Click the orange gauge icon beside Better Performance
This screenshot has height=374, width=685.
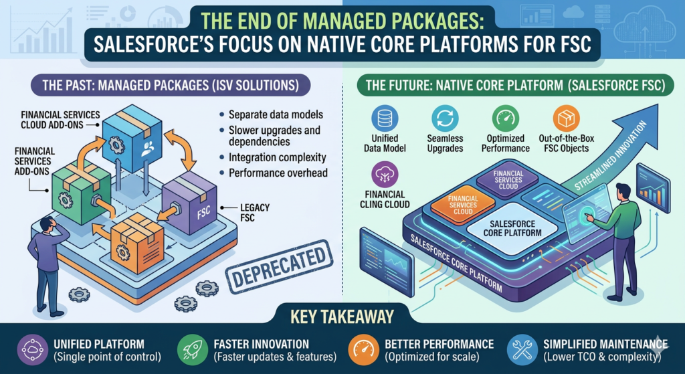pyautogui.click(x=361, y=350)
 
